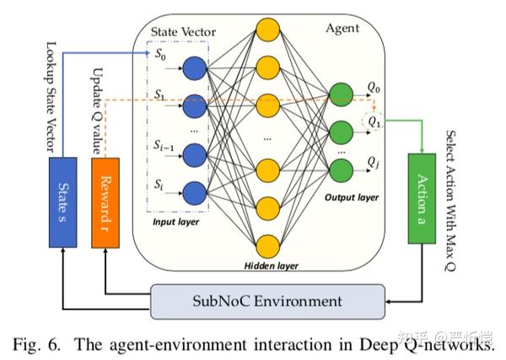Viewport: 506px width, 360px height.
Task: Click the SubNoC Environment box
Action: pos(267,300)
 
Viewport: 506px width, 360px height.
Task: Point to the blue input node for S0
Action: pos(196,68)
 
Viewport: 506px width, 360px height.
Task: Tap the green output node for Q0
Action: pos(342,94)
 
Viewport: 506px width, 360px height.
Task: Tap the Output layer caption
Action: pos(350,197)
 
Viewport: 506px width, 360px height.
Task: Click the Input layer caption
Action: pos(174,222)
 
